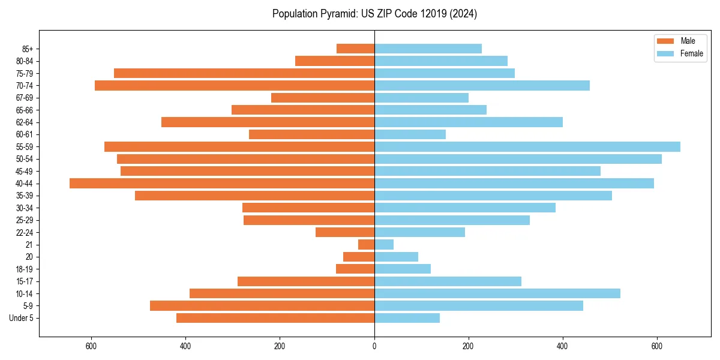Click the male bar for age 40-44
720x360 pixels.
222,184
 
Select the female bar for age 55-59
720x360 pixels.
527,147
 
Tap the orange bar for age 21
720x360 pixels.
366,245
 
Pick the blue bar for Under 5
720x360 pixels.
407,318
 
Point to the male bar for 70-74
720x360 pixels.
235,86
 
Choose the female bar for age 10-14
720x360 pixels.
497,293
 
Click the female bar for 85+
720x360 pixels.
428,49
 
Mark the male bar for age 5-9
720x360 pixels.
262,306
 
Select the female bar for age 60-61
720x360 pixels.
410,134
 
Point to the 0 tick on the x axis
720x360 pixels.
374,346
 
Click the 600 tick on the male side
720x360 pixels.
92,346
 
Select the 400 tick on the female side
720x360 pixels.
562,346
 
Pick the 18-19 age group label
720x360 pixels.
25,269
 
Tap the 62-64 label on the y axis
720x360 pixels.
25,122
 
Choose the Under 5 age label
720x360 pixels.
22,318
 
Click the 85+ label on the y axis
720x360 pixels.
28,49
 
